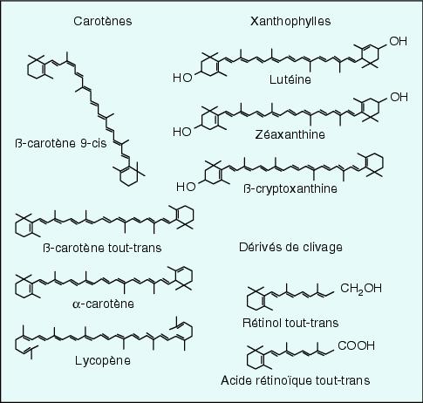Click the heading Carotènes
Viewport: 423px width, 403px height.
tap(103, 21)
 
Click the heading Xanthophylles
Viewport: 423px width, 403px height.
tap(290, 21)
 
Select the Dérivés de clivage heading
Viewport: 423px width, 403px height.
tap(290, 247)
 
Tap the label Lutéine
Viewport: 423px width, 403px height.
tap(290, 79)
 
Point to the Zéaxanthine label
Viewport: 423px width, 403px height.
tap(290, 134)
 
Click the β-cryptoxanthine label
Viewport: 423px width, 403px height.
tap(290, 188)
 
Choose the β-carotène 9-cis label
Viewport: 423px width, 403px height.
tap(61, 143)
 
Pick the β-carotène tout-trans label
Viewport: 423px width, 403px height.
tap(102, 248)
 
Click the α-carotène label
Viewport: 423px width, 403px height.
tap(103, 304)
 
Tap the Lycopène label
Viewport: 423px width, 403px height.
tap(103, 361)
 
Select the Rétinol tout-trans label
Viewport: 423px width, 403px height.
tap(290, 323)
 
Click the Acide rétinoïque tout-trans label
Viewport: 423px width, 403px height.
tap(296, 380)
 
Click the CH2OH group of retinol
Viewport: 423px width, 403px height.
tap(360, 289)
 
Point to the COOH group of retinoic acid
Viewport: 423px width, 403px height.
tap(357, 345)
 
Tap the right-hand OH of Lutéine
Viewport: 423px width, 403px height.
tap(398, 41)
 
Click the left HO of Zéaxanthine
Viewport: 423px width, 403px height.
tap(182, 132)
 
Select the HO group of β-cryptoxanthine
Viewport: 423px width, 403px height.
tap(186, 187)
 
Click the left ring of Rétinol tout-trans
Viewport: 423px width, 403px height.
tap(256, 302)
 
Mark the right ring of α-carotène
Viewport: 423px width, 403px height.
tap(184, 277)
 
